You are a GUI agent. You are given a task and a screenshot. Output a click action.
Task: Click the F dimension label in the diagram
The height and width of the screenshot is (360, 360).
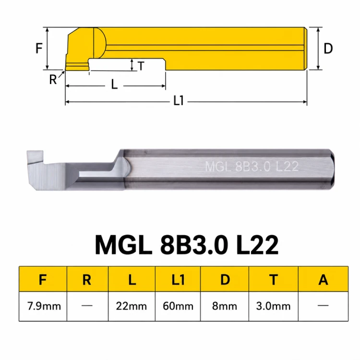click(x=39, y=48)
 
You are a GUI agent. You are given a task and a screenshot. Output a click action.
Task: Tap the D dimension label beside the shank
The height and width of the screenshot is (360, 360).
click(x=328, y=48)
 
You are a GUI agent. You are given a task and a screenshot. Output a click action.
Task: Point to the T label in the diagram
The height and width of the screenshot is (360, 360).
click(x=141, y=66)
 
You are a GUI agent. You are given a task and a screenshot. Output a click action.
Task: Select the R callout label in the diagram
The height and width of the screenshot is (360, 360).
click(x=53, y=80)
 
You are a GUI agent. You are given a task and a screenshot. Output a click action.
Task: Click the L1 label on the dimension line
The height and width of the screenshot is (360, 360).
click(x=179, y=101)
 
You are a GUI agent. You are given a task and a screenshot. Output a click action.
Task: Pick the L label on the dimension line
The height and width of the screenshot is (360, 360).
click(x=114, y=84)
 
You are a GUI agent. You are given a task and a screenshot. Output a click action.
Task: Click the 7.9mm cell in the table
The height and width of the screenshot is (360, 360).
click(x=44, y=306)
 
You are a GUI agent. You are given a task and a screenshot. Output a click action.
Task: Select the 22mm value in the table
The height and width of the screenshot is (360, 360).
click(x=132, y=306)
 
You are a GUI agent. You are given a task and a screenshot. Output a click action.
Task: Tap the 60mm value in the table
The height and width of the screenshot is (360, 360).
click(x=178, y=306)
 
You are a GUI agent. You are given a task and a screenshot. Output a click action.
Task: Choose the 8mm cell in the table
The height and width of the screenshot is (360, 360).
click(x=225, y=306)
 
